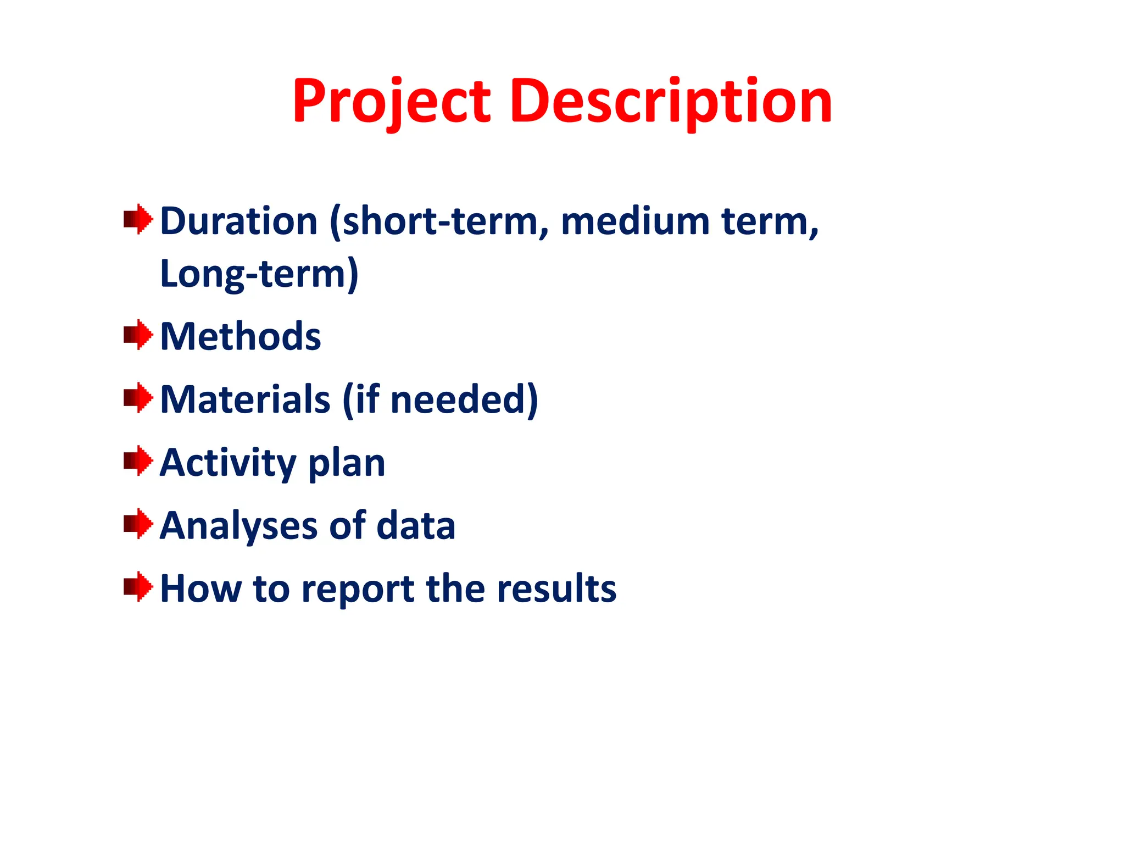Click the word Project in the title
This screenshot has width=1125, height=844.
point(391,102)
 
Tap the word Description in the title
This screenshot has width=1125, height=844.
point(671,102)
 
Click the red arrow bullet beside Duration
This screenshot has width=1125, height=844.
point(138,219)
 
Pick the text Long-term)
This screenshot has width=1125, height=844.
point(259,274)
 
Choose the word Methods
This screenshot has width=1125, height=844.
point(241,336)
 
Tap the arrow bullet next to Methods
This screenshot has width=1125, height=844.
point(138,335)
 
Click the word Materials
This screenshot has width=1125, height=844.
point(246,399)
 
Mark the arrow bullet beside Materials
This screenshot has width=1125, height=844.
point(138,398)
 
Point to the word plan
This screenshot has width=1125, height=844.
point(347,463)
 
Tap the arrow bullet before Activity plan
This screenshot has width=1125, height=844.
point(138,461)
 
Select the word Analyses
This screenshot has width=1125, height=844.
point(238,526)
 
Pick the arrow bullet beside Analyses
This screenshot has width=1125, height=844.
point(138,524)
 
